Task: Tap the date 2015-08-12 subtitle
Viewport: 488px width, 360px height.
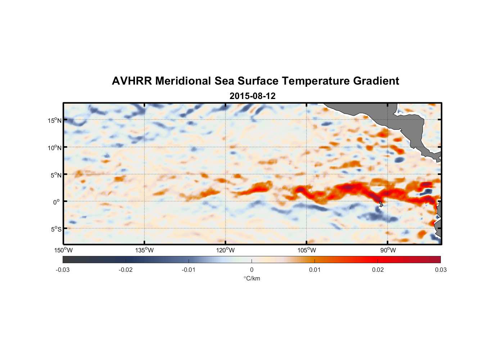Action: click(252, 96)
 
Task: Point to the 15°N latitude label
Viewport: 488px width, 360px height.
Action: click(54, 120)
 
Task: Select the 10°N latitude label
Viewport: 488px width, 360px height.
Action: click(54, 148)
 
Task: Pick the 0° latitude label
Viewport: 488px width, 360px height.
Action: click(56, 202)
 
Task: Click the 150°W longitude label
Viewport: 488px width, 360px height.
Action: click(63, 250)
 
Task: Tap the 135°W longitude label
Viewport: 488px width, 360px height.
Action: click(144, 250)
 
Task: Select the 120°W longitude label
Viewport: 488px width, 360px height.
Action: click(225, 250)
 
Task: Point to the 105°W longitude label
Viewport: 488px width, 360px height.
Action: click(307, 250)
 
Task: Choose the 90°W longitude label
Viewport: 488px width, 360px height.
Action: click(388, 250)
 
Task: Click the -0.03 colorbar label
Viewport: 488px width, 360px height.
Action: click(63, 270)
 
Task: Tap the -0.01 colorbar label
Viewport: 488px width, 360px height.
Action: click(189, 270)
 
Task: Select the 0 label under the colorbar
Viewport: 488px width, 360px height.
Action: click(252, 270)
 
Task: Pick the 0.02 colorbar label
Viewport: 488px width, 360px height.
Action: click(378, 270)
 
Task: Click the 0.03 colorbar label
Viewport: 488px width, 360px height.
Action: click(440, 270)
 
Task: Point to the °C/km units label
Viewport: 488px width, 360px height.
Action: click(252, 278)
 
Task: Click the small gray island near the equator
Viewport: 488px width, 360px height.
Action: click(381, 204)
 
